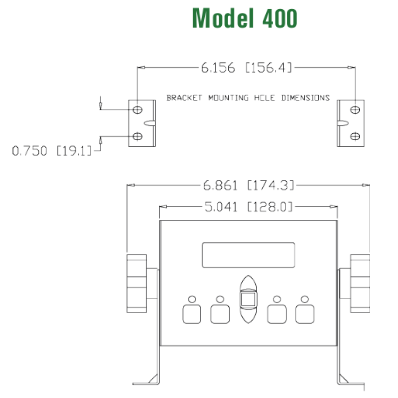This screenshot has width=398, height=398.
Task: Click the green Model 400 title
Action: coord(244,19)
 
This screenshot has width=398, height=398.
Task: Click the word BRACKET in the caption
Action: coord(184,98)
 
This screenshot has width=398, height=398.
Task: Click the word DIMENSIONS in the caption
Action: coord(305,98)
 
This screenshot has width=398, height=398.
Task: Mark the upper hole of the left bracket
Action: coord(138,109)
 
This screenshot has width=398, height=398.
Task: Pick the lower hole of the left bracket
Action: coord(138,136)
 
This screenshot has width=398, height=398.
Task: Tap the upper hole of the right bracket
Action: coord(355,109)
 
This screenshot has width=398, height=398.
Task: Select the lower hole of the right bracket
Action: coord(355,136)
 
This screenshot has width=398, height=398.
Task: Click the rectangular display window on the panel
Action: coord(248,255)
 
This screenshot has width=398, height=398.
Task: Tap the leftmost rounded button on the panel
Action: coord(192,314)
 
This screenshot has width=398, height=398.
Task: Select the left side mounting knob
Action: coord(137,284)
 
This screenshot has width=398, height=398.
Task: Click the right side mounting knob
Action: coord(360,284)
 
